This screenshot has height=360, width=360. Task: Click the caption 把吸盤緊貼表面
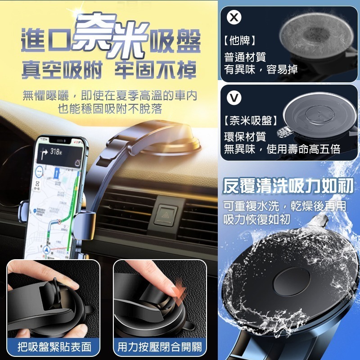tap(54, 347)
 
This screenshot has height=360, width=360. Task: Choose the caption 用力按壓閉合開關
tap(160, 347)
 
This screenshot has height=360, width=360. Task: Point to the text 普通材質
tap(245, 57)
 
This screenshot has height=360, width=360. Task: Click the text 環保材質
tap(245, 136)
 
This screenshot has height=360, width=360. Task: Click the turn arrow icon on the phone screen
tap(45, 153)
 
